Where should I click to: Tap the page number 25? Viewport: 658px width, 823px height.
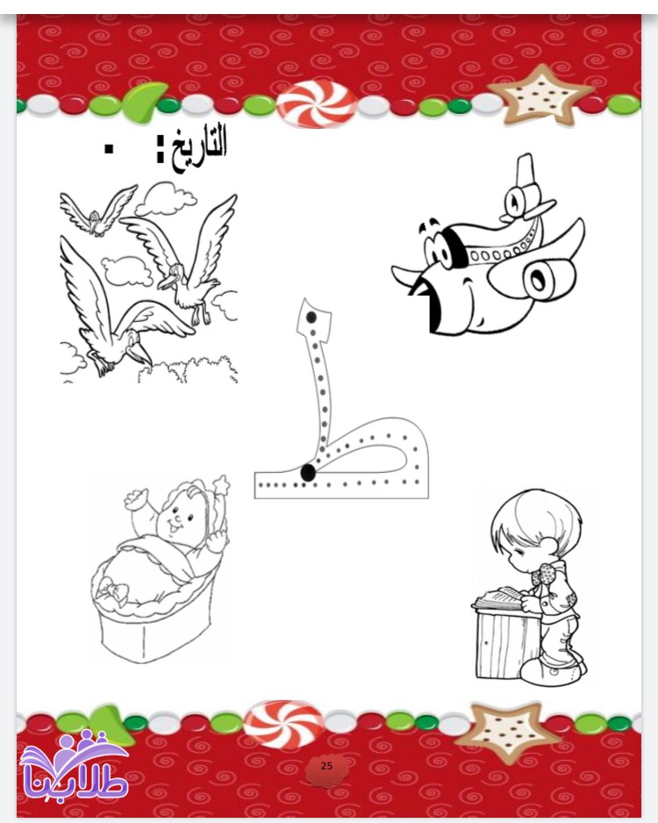[326, 766]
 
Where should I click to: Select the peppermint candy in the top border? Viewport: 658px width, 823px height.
[317, 103]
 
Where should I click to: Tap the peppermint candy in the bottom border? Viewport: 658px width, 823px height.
[283, 724]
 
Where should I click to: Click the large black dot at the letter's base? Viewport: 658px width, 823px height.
[308, 472]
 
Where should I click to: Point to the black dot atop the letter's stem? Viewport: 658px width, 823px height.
[311, 317]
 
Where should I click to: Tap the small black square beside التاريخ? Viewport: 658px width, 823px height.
[109, 149]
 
